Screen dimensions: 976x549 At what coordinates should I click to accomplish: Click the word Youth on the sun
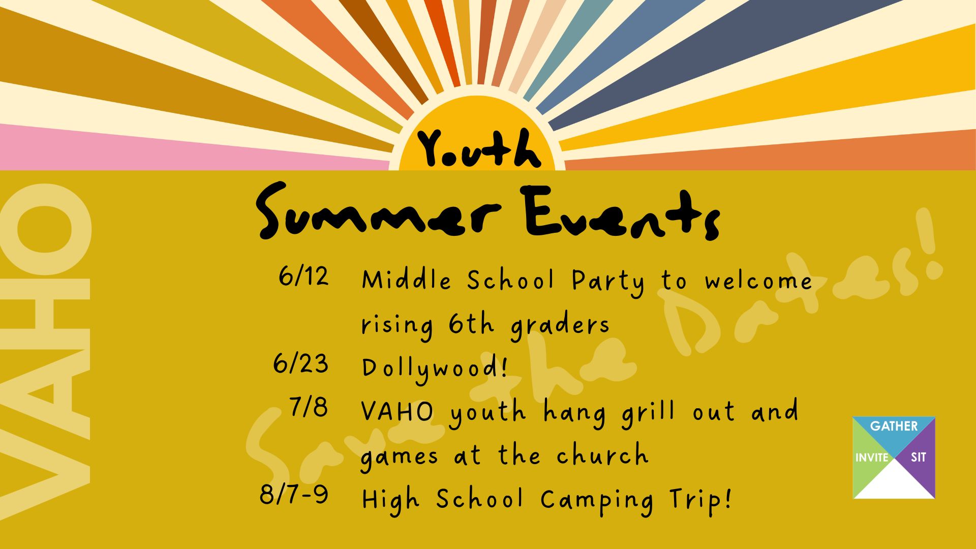(x=479, y=148)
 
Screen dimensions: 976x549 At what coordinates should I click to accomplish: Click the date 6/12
(x=303, y=277)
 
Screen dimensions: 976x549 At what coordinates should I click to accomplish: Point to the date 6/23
(x=301, y=364)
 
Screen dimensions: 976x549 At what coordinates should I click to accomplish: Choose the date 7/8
(x=309, y=407)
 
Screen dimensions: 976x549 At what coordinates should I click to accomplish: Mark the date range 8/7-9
(x=294, y=495)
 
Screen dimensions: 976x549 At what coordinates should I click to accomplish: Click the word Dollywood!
(x=435, y=368)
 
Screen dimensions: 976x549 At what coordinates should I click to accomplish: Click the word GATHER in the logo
(x=894, y=426)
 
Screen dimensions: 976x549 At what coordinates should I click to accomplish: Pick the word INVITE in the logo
(x=872, y=457)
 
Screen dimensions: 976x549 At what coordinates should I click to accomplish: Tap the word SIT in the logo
(x=918, y=457)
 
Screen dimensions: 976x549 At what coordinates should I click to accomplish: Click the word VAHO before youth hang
(x=398, y=412)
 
